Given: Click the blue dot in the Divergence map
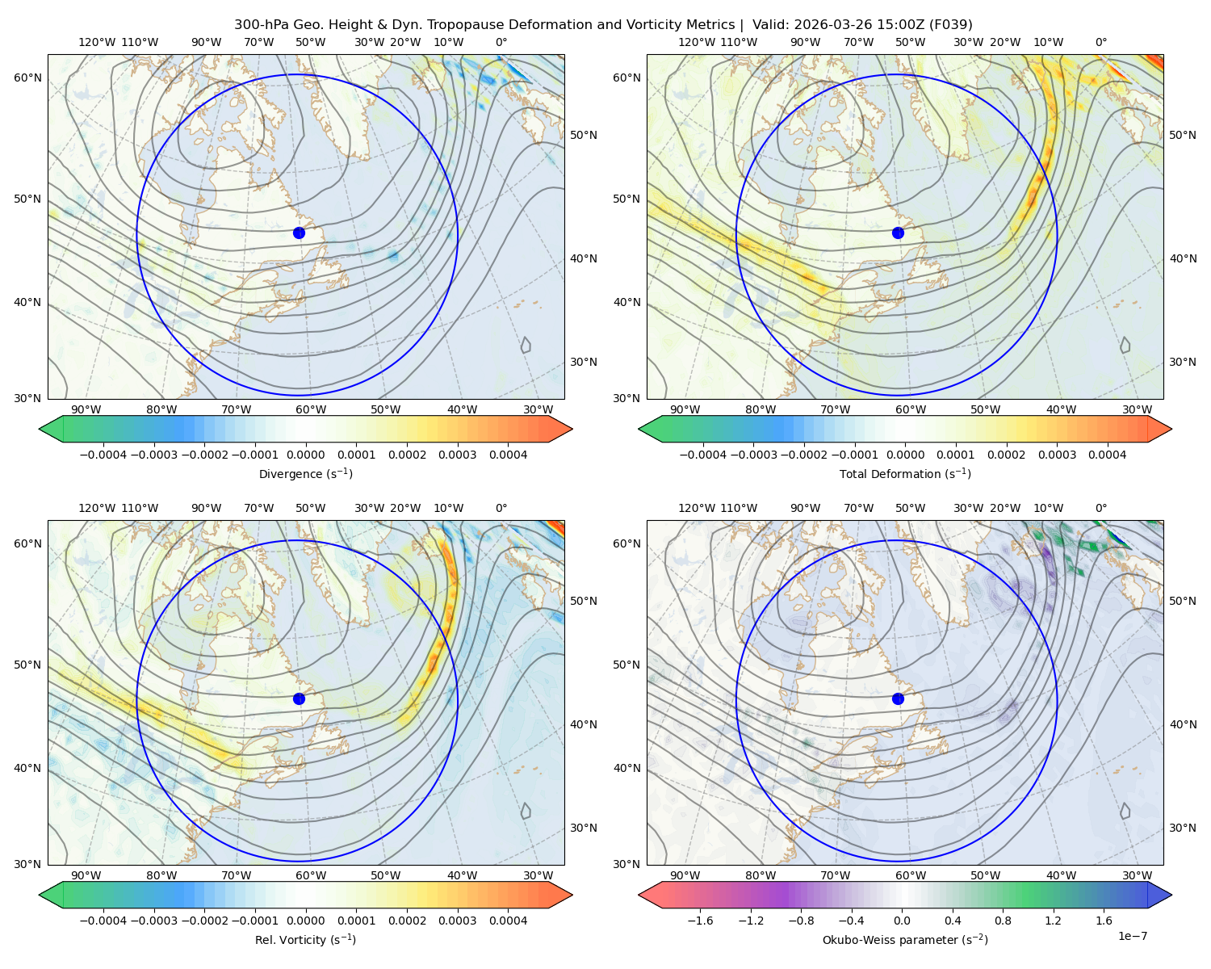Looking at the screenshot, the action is (x=299, y=233).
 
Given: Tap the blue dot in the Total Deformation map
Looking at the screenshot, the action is (x=898, y=233).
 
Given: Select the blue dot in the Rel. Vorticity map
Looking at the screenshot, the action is (x=299, y=698).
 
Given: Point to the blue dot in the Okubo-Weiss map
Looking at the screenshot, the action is (x=898, y=698).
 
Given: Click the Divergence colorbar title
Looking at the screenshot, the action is (x=305, y=473).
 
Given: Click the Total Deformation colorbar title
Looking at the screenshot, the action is (x=905, y=473).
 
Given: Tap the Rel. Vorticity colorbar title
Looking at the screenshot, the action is (x=305, y=939).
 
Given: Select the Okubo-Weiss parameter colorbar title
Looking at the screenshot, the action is (x=905, y=939).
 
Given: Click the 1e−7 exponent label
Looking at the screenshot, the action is (x=1132, y=936).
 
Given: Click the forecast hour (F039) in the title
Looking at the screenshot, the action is (x=950, y=25).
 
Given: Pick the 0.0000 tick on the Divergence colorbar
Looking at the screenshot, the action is (x=305, y=455).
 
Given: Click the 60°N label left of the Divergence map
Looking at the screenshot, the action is (x=27, y=78).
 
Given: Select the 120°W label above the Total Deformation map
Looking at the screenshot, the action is (x=696, y=42).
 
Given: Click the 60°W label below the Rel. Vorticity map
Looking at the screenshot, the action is (x=311, y=875).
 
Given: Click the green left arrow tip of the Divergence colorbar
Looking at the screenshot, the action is (x=40, y=429).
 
